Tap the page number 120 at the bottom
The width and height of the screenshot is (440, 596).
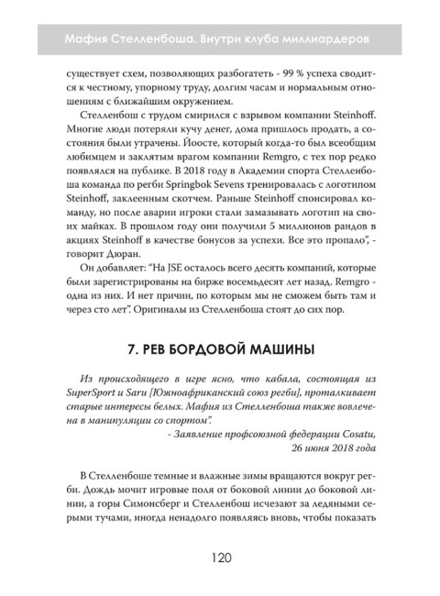pos(219,558)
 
